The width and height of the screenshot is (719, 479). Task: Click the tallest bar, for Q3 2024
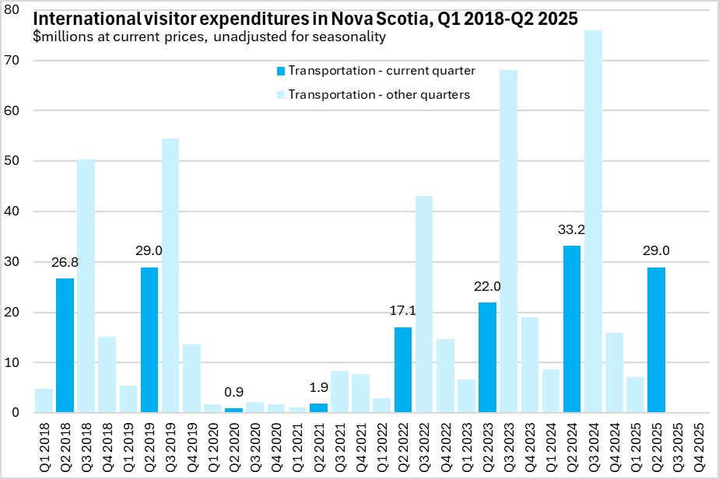click(593, 222)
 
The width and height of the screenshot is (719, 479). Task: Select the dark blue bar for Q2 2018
click(65, 345)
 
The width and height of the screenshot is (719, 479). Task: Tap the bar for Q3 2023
click(508, 241)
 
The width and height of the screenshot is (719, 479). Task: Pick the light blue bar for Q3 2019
click(170, 275)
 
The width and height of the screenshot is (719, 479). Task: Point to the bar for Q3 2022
click(424, 304)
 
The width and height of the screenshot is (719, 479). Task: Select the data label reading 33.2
click(572, 230)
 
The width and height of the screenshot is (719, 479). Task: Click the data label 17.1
click(402, 312)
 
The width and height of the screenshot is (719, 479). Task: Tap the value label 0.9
click(233, 393)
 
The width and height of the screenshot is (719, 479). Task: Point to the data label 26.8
click(65, 262)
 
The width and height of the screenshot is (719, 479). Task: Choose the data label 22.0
click(487, 287)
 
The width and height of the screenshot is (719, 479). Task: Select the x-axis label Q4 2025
click(699, 442)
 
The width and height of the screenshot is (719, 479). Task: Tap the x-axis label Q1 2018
click(44, 442)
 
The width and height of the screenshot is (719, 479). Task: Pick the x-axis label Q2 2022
click(402, 442)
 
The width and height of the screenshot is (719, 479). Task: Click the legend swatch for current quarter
click(280, 71)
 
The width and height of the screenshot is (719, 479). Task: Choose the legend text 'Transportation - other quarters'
click(378, 94)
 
